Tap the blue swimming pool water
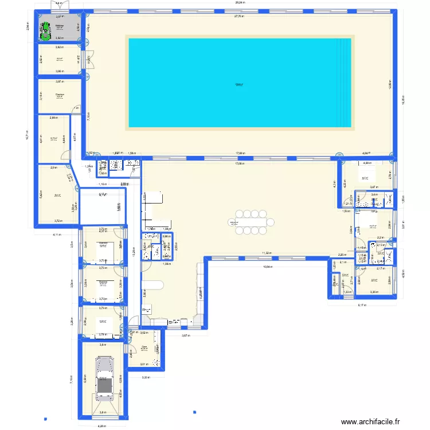tap(239, 83)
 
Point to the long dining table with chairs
tap(251, 222)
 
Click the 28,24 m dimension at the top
tap(240, 3)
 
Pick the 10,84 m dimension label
tap(268, 266)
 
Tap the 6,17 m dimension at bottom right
tap(362, 305)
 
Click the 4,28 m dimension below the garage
tap(102, 425)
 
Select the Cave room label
tap(144, 346)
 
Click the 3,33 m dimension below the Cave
tap(146, 377)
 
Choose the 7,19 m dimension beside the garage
tap(72, 379)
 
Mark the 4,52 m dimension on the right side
tap(403, 275)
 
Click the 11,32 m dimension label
tap(267, 253)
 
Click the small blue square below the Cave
tap(194, 411)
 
